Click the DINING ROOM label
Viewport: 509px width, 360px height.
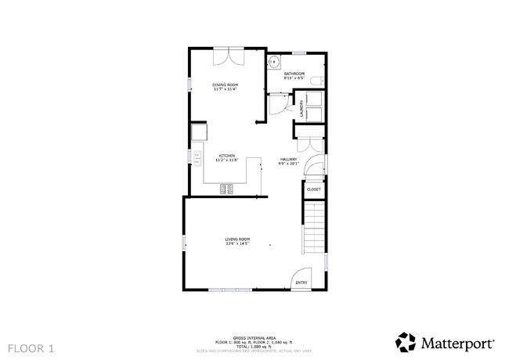[x=226, y=85]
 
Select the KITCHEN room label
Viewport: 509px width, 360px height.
[x=227, y=155]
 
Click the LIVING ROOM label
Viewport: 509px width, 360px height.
[x=237, y=238]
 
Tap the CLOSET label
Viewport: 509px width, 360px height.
[x=313, y=189]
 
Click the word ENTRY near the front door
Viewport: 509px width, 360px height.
[x=301, y=283]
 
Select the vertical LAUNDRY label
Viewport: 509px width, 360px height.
[x=301, y=108]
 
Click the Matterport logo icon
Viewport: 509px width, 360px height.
[x=405, y=342]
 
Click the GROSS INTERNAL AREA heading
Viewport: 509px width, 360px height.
[x=254, y=338]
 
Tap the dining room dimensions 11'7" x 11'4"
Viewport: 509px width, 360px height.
[x=226, y=89]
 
